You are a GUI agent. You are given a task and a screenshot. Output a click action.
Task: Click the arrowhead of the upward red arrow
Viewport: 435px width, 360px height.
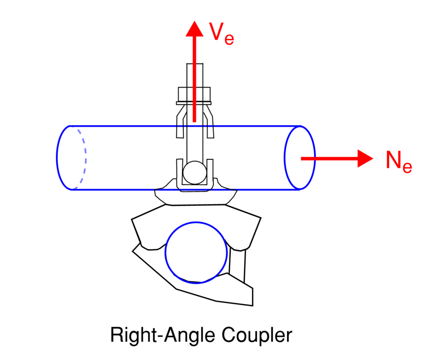coord(194,29)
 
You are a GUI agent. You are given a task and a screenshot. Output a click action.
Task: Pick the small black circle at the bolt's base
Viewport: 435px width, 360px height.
coord(194,173)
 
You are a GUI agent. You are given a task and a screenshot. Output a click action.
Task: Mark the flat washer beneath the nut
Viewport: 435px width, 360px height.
coord(194,103)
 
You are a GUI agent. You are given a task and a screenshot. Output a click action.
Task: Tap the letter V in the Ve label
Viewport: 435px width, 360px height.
coord(216,31)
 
